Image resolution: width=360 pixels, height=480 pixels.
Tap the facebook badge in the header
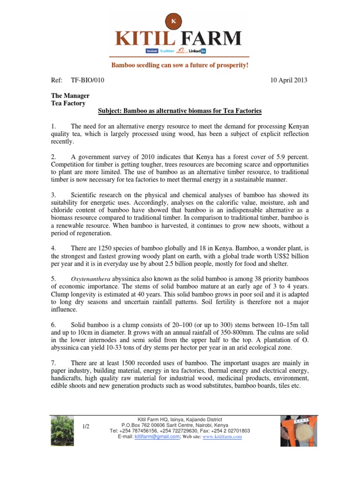click(152, 51)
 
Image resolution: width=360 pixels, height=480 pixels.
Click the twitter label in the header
click(167, 51)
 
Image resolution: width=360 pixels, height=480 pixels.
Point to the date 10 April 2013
click(289, 80)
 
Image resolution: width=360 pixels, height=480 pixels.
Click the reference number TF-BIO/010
click(87, 80)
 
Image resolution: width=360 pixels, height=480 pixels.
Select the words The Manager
click(70, 96)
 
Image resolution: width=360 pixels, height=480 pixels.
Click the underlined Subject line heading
click(180, 111)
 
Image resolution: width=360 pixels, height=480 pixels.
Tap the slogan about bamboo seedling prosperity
click(180, 65)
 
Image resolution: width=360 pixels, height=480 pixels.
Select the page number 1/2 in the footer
click(86, 426)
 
